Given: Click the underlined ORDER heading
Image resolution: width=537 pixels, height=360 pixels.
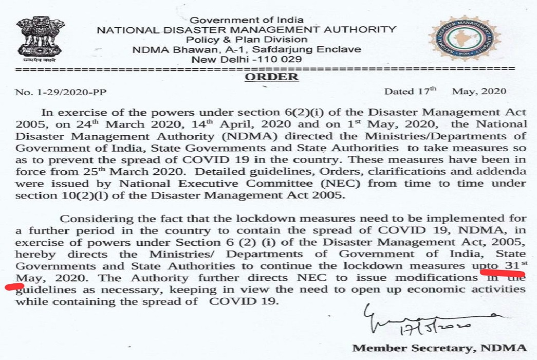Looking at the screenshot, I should pyautogui.click(x=271, y=77).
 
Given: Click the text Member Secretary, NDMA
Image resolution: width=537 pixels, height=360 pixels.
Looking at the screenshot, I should pyautogui.click(x=439, y=348).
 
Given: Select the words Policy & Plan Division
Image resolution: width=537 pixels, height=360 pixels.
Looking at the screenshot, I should pyautogui.click(x=247, y=40).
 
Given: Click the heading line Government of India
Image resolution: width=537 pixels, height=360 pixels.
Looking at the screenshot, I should pyautogui.click(x=247, y=20).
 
